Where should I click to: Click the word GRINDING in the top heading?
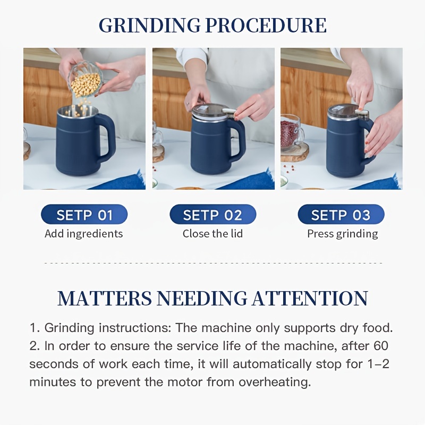(x=150, y=25)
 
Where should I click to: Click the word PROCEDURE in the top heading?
(x=266, y=25)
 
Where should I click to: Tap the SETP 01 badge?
(x=84, y=215)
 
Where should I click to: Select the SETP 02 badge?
(x=213, y=215)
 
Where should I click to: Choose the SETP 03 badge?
(x=341, y=215)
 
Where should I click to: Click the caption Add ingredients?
(x=84, y=234)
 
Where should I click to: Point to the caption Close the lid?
(x=213, y=233)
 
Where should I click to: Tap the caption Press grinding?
(x=343, y=234)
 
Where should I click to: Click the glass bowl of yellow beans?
(x=85, y=79)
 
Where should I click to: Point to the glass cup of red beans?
(x=291, y=132)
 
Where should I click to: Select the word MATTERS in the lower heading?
(x=105, y=298)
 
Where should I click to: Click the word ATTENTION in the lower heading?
(x=310, y=298)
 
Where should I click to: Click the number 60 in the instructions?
(x=381, y=346)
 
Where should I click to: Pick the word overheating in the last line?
(x=275, y=382)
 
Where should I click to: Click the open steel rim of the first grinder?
(x=78, y=111)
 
